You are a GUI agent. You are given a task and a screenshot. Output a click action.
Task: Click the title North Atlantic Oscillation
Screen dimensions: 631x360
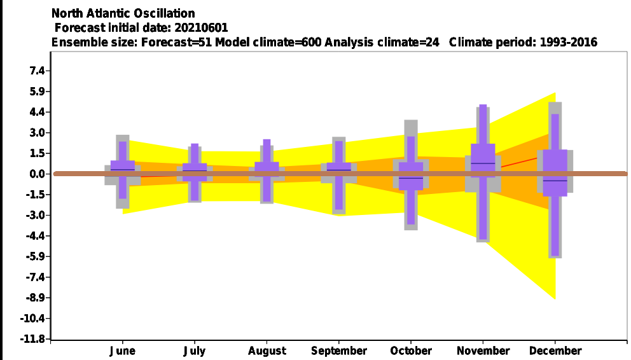coord(123,13)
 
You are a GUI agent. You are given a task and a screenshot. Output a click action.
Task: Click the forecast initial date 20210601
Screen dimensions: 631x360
coord(201,28)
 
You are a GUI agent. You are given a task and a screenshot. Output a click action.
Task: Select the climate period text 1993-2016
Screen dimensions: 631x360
coord(568,42)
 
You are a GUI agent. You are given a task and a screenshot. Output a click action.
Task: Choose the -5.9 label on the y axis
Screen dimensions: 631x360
coord(34,256)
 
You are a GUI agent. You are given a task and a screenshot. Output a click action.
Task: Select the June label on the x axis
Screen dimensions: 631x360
coord(122,350)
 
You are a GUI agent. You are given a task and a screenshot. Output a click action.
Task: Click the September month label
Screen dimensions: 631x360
coord(339,351)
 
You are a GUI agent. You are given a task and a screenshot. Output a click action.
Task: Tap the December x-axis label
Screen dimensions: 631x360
coord(555,350)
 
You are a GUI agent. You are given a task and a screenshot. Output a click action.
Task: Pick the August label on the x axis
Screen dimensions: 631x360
coord(267,351)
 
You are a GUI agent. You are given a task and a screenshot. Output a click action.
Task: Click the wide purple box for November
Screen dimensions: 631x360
coord(483,160)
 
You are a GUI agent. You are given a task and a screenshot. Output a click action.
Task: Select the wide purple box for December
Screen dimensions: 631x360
coord(555,173)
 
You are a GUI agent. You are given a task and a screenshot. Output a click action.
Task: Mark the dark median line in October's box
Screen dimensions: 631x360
coord(411,178)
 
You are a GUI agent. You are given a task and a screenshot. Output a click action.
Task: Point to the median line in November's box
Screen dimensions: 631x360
coord(483,163)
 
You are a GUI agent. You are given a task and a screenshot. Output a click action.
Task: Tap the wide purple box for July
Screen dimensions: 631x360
coord(195,172)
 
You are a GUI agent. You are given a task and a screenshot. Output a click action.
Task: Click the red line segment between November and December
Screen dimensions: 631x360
coord(519,162)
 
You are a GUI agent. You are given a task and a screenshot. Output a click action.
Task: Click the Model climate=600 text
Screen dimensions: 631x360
coord(268,42)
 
